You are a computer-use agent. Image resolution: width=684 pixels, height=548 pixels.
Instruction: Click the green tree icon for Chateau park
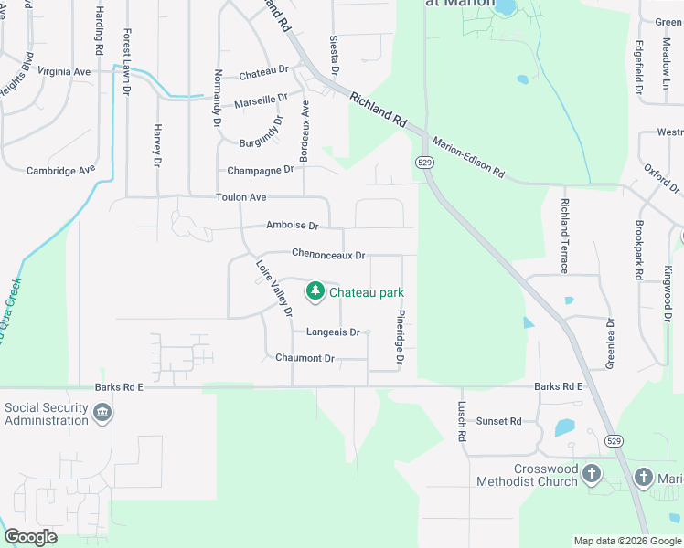point(315,291)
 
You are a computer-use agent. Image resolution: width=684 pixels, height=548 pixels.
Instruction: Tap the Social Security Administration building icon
point(102,415)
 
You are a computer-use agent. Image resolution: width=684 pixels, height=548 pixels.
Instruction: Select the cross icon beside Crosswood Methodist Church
point(592,474)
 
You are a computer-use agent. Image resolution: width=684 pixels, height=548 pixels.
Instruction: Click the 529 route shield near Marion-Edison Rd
point(424,162)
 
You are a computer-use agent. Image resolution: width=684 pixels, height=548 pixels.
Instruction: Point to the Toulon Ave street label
point(241,197)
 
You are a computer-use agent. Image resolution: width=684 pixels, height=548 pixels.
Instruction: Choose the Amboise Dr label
point(292,226)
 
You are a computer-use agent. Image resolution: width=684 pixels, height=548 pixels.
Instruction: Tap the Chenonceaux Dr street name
point(328,254)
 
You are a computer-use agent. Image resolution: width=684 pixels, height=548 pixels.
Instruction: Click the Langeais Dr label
point(333,332)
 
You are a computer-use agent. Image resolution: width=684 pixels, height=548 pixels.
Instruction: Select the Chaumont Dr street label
point(305,358)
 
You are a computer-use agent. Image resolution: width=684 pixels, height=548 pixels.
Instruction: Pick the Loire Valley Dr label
point(273,289)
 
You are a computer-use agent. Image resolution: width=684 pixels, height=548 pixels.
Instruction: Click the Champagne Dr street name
point(261,169)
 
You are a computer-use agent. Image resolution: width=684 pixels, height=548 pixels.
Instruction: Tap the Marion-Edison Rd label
point(468,157)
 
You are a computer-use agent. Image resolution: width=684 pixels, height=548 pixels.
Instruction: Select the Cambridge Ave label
point(61,170)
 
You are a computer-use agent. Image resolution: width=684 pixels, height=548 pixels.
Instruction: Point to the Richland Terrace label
point(565,236)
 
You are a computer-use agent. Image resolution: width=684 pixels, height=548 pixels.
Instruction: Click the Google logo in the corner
point(30,537)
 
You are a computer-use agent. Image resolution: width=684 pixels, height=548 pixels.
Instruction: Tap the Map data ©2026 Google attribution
point(626,541)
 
